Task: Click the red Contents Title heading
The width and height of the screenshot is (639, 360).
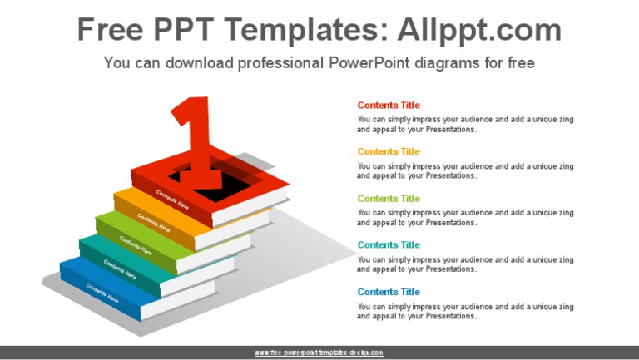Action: tap(389, 106)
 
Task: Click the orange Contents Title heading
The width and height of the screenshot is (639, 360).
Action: tap(389, 152)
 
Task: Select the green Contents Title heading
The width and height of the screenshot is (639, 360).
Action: tap(389, 199)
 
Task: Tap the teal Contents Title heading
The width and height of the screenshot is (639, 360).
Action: tap(389, 245)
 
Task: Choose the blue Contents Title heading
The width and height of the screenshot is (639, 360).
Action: tap(389, 292)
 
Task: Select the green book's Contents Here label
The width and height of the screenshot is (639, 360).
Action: tap(136, 244)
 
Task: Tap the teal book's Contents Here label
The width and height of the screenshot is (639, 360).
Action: tap(120, 268)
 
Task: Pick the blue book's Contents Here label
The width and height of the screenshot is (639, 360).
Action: tap(102, 293)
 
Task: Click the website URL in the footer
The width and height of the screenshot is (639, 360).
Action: tap(319, 353)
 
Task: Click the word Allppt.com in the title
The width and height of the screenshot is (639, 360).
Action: tap(480, 30)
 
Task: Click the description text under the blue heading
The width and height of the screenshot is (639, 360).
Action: tap(465, 311)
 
